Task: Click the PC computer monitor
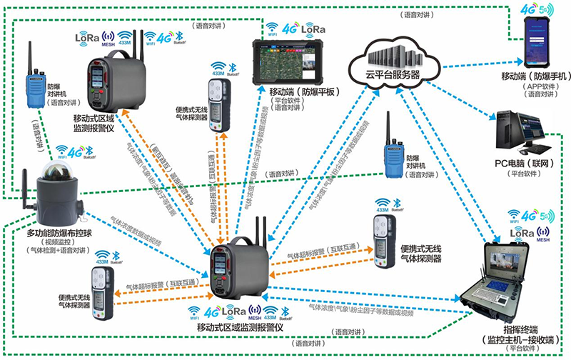530,129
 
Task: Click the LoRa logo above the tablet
313,29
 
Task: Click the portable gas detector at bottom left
101,281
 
